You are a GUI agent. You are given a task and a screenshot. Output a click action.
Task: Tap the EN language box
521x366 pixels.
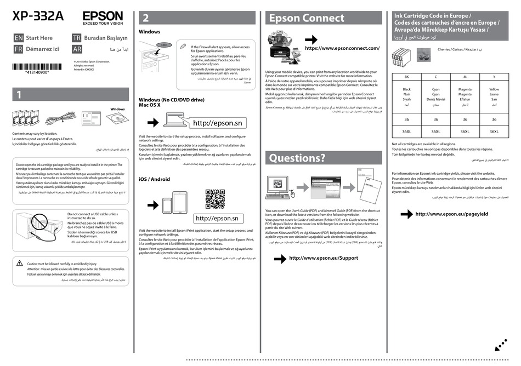(18, 38)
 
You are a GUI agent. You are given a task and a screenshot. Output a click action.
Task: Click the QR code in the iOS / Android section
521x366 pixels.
(215, 199)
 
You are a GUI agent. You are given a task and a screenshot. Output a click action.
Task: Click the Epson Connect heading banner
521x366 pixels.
(323, 18)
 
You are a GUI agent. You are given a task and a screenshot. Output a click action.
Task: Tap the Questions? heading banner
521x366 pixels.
(323, 158)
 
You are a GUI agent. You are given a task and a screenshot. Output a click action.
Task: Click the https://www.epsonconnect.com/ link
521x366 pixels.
(342, 48)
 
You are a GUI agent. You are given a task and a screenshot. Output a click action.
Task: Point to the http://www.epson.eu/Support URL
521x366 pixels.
(323, 258)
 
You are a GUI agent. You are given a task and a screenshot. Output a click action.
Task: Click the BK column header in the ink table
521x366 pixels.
(406, 77)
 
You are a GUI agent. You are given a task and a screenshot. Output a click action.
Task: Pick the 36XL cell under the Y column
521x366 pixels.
(494, 131)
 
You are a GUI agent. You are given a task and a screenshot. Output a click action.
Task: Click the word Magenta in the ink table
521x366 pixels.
(465, 89)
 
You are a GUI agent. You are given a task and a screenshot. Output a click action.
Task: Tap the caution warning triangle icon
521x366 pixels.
(19, 264)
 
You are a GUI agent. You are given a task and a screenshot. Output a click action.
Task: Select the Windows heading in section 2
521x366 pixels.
(150, 32)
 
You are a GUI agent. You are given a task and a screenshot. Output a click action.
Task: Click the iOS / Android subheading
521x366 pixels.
(154, 179)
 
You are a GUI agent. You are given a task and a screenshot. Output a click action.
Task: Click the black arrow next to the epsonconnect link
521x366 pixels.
(311, 40)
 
